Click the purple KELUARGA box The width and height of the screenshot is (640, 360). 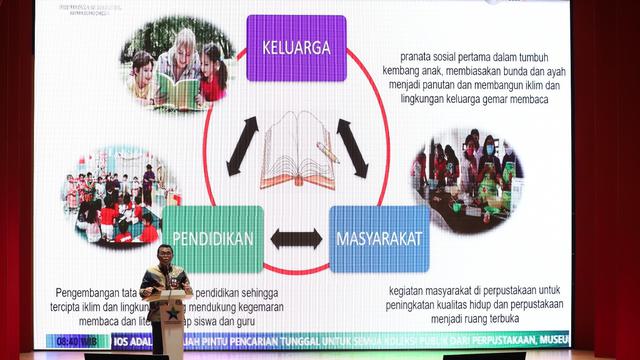click(296, 48)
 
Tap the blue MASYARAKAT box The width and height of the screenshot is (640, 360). click(379, 239)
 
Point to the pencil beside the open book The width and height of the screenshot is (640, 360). click(328, 152)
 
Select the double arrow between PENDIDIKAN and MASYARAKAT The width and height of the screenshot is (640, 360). click(296, 239)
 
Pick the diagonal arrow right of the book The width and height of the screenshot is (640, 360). click(351, 141)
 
